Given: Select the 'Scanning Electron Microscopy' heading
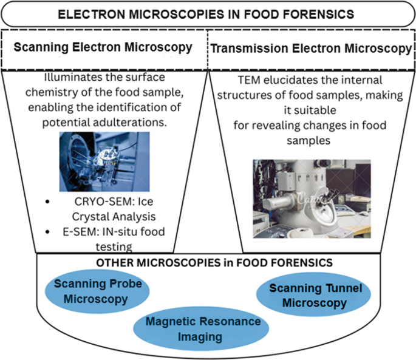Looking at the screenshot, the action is tap(103, 47).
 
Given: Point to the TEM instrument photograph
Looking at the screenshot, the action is tap(311, 199).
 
